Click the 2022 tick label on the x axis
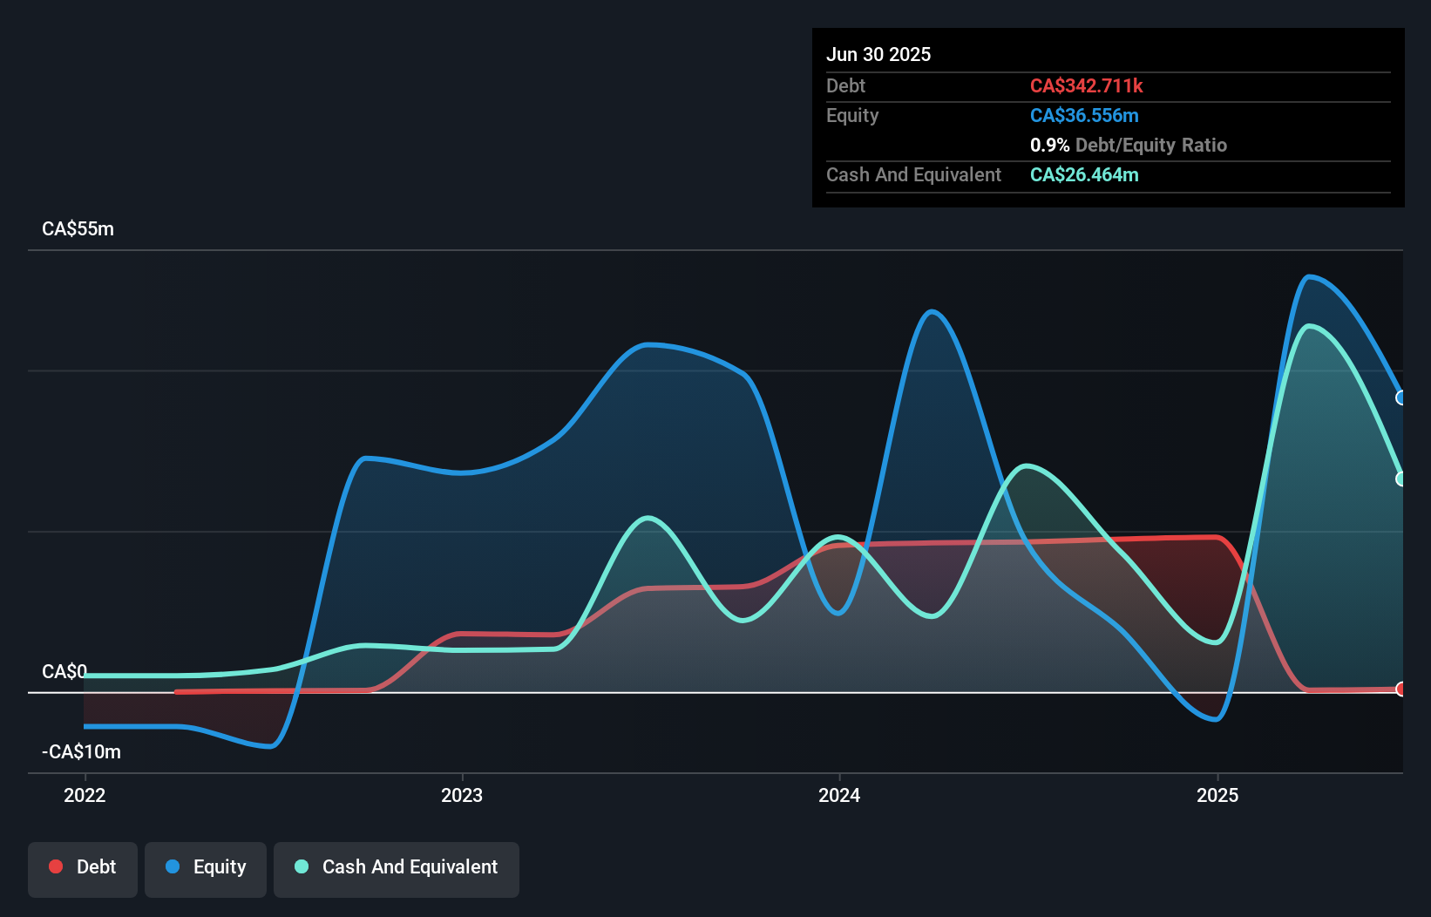click(x=85, y=795)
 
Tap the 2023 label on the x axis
click(x=462, y=795)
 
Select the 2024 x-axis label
click(x=839, y=795)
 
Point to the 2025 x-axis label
click(x=1217, y=795)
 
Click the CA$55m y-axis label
click(x=78, y=229)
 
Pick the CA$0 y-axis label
click(x=64, y=671)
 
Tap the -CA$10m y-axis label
click(x=81, y=751)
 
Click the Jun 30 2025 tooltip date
click(x=878, y=54)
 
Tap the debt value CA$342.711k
click(x=1086, y=85)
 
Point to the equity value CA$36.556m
click(x=1084, y=115)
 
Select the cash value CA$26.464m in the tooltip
click(x=1084, y=174)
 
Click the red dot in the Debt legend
click(x=56, y=866)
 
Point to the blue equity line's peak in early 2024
click(x=933, y=311)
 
